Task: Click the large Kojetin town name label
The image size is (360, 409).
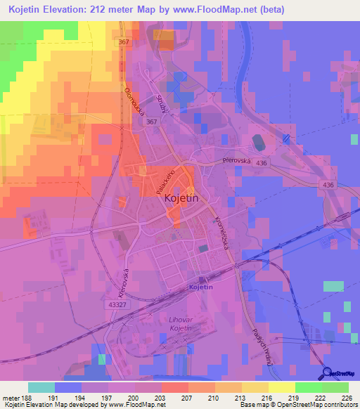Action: tap(182, 199)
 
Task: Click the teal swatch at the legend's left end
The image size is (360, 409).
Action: tap(41, 387)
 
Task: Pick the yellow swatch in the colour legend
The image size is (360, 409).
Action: tap(281, 387)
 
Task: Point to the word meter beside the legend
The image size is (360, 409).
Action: tap(11, 397)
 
